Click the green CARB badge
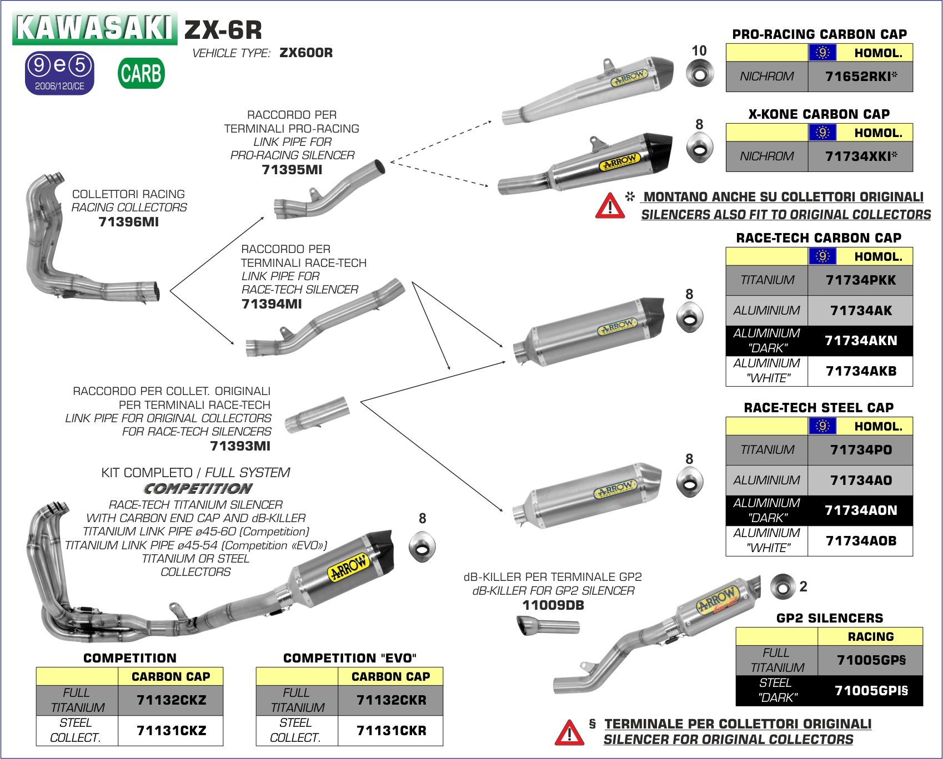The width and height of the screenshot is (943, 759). pyautogui.click(x=141, y=73)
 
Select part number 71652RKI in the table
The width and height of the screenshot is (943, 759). pyautogui.click(x=860, y=77)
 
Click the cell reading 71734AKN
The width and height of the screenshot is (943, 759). pyautogui.click(x=860, y=341)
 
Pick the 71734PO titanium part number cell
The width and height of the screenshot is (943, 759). pyautogui.click(x=860, y=450)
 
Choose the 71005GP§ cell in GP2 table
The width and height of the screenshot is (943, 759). pyautogui.click(x=870, y=660)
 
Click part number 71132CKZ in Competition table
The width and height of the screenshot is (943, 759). pyautogui.click(x=171, y=700)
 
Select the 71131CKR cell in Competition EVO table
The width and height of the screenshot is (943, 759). pyautogui.click(x=391, y=730)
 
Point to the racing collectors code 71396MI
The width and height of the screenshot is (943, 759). pyautogui.click(x=128, y=222)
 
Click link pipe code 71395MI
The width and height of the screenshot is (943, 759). pyautogui.click(x=292, y=170)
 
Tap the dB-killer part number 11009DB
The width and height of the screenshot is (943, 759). pyautogui.click(x=553, y=605)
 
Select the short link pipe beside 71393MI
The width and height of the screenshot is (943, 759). pyautogui.click(x=317, y=415)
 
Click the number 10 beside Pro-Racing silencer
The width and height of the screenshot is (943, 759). pyautogui.click(x=699, y=50)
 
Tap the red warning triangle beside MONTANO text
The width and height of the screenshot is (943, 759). pyautogui.click(x=609, y=206)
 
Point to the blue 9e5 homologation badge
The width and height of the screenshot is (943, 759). pyautogui.click(x=59, y=73)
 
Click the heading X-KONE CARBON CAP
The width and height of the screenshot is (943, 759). pyautogui.click(x=819, y=114)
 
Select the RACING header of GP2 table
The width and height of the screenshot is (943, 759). pyautogui.click(x=870, y=636)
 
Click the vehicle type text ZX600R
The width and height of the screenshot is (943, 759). pyautogui.click(x=306, y=53)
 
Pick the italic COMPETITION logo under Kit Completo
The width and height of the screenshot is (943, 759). pyautogui.click(x=198, y=489)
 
